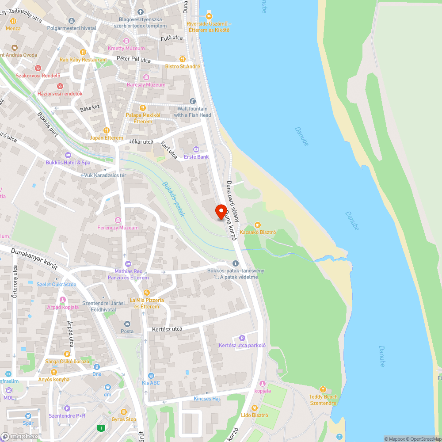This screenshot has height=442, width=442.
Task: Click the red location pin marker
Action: pyautogui.click(x=221, y=211)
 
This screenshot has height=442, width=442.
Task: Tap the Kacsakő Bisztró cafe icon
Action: pyautogui.click(x=258, y=225)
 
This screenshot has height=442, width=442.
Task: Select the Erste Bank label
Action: pyautogui.click(x=196, y=157)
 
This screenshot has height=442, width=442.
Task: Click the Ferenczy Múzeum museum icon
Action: pyautogui.click(x=118, y=220)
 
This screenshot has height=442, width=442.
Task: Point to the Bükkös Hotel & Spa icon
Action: pyautogui.click(x=68, y=155)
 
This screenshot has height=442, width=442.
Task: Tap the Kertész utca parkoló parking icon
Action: pyautogui.click(x=242, y=338)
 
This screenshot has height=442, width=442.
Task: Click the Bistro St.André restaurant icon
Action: pyautogui.click(x=183, y=59)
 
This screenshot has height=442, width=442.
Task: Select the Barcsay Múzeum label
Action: pyautogui.click(x=146, y=84)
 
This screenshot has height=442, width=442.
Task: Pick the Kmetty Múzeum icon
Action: pyautogui.click(x=126, y=41)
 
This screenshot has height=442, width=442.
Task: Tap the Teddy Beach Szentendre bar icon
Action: pyautogui.click(x=323, y=389)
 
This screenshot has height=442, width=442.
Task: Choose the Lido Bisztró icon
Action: pyautogui.click(x=254, y=408)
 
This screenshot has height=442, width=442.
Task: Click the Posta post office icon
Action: pyautogui.click(x=127, y=324)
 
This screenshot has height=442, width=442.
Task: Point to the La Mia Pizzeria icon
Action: pyautogui.click(x=146, y=293)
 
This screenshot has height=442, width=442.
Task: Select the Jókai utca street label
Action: pyautogui.click(x=141, y=142)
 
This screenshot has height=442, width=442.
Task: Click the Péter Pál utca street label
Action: pyautogui.click(x=133, y=60)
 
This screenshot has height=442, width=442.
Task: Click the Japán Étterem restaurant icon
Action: pyautogui.click(x=106, y=130)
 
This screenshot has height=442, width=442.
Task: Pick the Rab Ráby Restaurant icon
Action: pyautogui.click(x=82, y=52)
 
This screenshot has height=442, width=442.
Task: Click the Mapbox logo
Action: pyautogui.click(x=20, y=436)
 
